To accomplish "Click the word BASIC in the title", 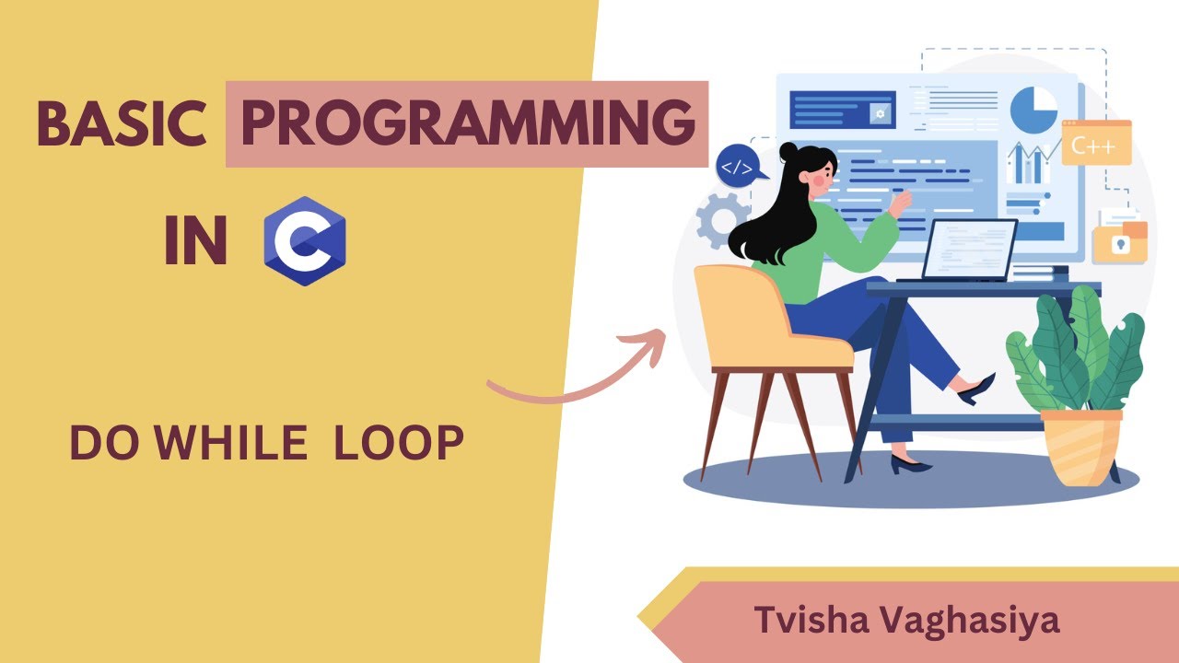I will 120,124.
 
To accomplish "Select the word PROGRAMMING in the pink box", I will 467,124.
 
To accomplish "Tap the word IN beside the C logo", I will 195,241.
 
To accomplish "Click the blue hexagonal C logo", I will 304,241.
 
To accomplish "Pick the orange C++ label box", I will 1095,144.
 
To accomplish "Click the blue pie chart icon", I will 1033,110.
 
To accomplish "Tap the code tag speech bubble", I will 738,167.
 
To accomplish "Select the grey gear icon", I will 721,219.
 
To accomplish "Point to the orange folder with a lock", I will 1119,243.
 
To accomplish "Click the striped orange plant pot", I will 1081,447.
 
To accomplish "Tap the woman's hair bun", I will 788,149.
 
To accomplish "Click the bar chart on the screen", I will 1030,166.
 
